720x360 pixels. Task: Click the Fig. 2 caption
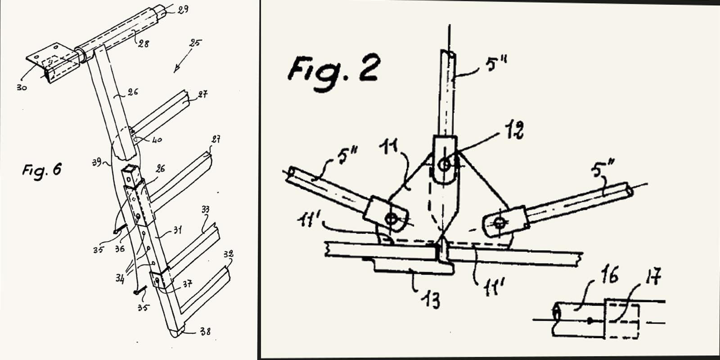(x=333, y=68)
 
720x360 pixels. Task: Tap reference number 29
(x=182, y=9)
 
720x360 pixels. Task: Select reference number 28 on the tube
(x=144, y=44)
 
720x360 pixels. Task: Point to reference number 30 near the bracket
(x=21, y=87)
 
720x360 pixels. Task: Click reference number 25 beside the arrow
(x=195, y=44)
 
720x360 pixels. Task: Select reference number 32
(x=228, y=255)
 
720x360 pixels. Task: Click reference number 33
(x=206, y=210)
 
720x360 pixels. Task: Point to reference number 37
(x=187, y=284)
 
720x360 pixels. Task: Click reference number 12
(x=514, y=132)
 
